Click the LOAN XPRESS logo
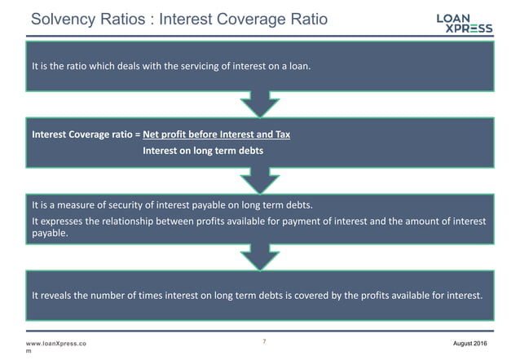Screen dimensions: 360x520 tap(464, 22)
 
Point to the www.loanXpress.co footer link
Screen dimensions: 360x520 tap(56, 345)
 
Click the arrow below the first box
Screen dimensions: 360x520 tap(260, 104)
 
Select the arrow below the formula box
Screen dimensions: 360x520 tap(260, 180)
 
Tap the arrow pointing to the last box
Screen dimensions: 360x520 tap(260, 257)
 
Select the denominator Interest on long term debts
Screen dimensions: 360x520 tap(203, 150)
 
